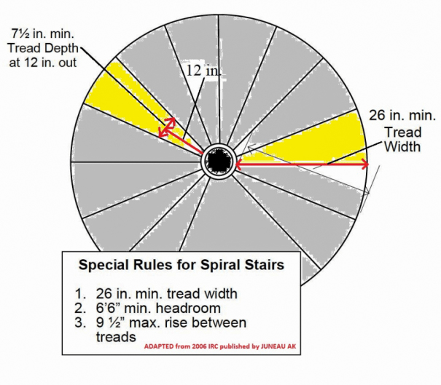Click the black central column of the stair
coord(217,160)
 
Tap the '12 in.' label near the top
coord(201,71)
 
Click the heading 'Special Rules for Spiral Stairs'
coord(181,265)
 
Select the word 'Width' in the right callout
coord(402,146)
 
